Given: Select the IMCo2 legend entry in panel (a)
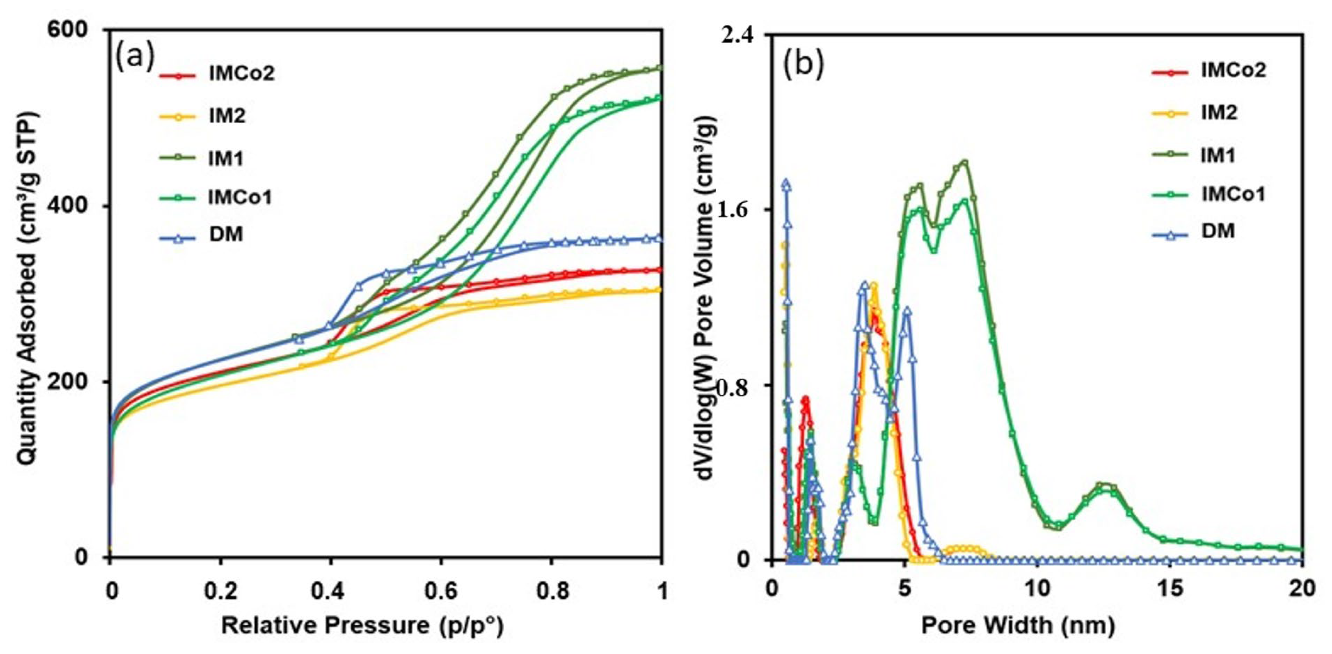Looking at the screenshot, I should coord(241,74).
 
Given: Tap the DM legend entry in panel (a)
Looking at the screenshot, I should coord(227,234).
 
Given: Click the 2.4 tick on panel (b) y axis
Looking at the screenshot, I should coord(736,34).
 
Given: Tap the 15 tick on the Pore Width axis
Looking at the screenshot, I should coord(1170,589).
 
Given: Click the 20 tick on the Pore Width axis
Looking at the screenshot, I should coord(1301,589).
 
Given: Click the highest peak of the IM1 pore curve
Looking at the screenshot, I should coord(964,162).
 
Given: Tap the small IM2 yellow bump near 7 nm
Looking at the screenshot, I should coord(965,548).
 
